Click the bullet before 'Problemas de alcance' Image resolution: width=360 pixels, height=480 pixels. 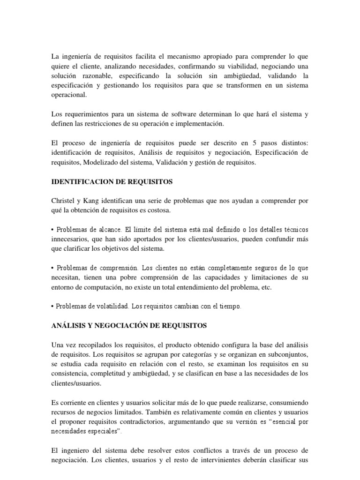point(53,230)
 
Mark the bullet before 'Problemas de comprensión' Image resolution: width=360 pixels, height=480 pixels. point(53,268)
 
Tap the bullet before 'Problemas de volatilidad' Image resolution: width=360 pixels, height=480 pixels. point(53,307)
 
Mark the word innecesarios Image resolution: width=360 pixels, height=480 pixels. point(70,239)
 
